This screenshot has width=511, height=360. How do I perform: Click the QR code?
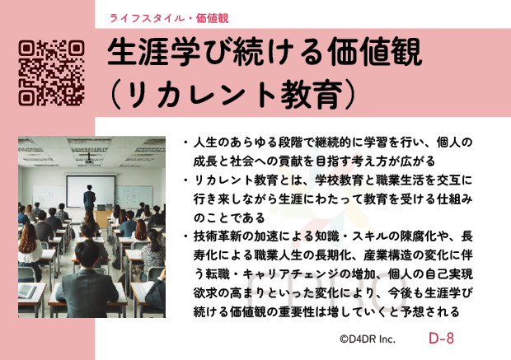click(51, 73)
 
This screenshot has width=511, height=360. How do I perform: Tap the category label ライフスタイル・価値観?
click(169, 18)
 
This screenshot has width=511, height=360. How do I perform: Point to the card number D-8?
click(441, 339)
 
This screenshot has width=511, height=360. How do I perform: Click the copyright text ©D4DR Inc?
click(368, 339)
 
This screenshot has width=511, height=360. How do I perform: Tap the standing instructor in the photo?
click(89, 198)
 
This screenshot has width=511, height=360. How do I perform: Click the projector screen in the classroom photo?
click(91, 191)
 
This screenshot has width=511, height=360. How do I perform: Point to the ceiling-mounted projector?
click(89, 161)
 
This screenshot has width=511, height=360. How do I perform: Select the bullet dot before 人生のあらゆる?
click(185, 143)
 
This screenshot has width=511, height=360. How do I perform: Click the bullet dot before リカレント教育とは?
click(185, 180)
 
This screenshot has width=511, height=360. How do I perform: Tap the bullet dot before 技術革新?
click(185, 236)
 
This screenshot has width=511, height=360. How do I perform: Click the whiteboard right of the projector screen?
click(134, 196)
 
